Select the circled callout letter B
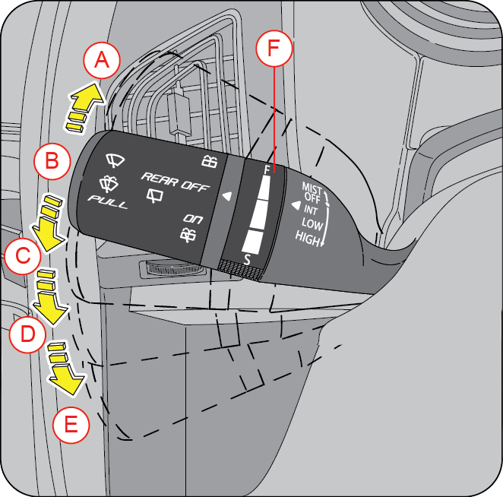tap(52, 160)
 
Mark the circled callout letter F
tap(274, 49)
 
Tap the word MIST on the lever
tap(313, 186)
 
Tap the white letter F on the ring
tap(266, 169)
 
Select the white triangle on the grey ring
tap(226, 196)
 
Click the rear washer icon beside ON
tap(190, 234)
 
